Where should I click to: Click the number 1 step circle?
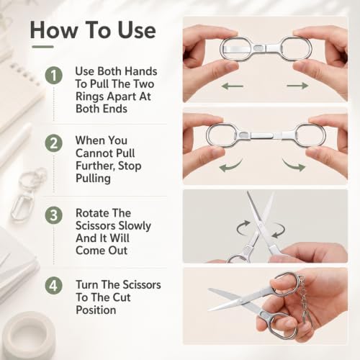(x=54, y=76)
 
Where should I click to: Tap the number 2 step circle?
(x=54, y=143)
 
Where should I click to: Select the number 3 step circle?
(x=54, y=215)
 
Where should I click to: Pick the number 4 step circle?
(x=54, y=285)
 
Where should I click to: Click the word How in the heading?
(x=54, y=30)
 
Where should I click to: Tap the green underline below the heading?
(x=42, y=47)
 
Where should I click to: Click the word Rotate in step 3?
(x=92, y=213)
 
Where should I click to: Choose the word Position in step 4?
(x=96, y=310)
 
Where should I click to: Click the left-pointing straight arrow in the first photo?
(x=233, y=86)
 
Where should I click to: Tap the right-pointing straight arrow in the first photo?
(x=297, y=86)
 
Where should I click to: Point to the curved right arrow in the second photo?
(x=292, y=165)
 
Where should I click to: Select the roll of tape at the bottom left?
(x=29, y=335)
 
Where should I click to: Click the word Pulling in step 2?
(x=93, y=179)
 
